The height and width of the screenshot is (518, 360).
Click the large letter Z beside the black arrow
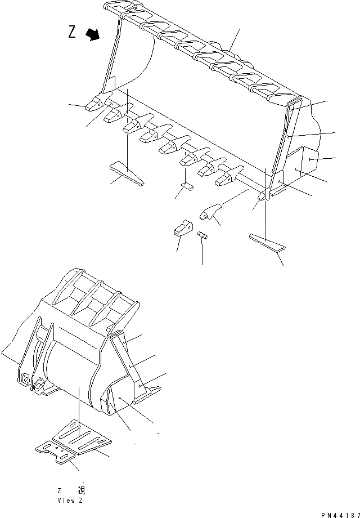click(72, 32)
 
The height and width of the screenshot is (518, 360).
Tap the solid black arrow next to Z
click(92, 35)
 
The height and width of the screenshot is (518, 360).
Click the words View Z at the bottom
click(70, 499)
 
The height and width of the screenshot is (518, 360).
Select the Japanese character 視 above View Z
click(80, 490)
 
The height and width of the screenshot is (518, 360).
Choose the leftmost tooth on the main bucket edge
click(93, 104)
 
